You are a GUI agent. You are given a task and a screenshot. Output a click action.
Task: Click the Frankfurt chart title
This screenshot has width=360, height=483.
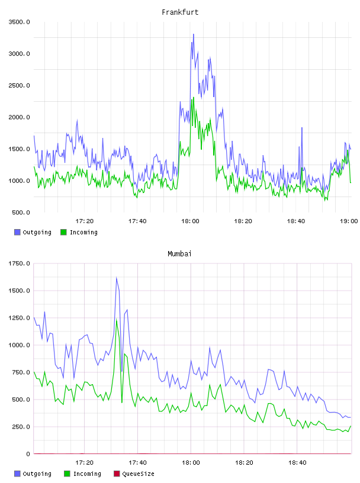click(x=180, y=12)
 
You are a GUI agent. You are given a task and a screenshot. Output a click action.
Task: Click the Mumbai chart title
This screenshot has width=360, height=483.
click(x=179, y=254)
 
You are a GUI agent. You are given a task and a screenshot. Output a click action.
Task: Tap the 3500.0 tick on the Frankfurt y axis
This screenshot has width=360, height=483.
click(x=20, y=22)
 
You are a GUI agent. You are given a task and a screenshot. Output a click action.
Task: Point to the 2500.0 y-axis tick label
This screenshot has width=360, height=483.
click(x=20, y=85)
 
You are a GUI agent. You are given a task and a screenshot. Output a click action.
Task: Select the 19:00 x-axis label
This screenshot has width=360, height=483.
click(x=349, y=221)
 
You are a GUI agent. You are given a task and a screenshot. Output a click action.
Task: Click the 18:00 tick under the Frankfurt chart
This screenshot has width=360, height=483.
click(x=190, y=221)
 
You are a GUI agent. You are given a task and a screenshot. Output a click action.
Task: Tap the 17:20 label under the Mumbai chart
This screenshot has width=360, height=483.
click(x=84, y=462)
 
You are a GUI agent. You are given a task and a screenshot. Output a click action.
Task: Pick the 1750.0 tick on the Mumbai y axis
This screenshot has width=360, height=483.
click(x=20, y=263)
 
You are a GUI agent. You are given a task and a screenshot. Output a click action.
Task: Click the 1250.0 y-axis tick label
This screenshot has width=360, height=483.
click(x=20, y=318)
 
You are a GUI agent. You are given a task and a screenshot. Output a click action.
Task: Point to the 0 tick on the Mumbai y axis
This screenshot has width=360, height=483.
click(x=28, y=454)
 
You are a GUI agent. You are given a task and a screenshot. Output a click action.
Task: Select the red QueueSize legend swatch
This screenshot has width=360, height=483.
click(x=117, y=474)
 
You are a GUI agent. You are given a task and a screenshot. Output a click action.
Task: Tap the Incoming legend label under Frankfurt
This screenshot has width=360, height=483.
click(x=83, y=232)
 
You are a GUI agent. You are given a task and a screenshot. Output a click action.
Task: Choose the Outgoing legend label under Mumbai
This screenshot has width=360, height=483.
click(x=37, y=474)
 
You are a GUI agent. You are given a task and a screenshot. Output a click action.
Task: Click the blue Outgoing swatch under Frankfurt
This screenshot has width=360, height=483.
click(x=17, y=232)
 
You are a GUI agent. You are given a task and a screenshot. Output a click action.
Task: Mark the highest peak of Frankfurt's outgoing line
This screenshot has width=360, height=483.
click(x=194, y=34)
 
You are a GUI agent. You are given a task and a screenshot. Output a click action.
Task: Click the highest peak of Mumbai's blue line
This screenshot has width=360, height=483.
click(x=117, y=278)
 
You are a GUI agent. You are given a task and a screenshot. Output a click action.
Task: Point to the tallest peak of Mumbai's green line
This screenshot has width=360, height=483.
click(x=117, y=320)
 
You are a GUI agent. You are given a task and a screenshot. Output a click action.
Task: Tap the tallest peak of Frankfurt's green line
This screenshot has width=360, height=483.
click(x=194, y=98)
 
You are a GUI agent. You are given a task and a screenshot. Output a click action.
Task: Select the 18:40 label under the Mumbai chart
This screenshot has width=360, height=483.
click(x=297, y=462)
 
